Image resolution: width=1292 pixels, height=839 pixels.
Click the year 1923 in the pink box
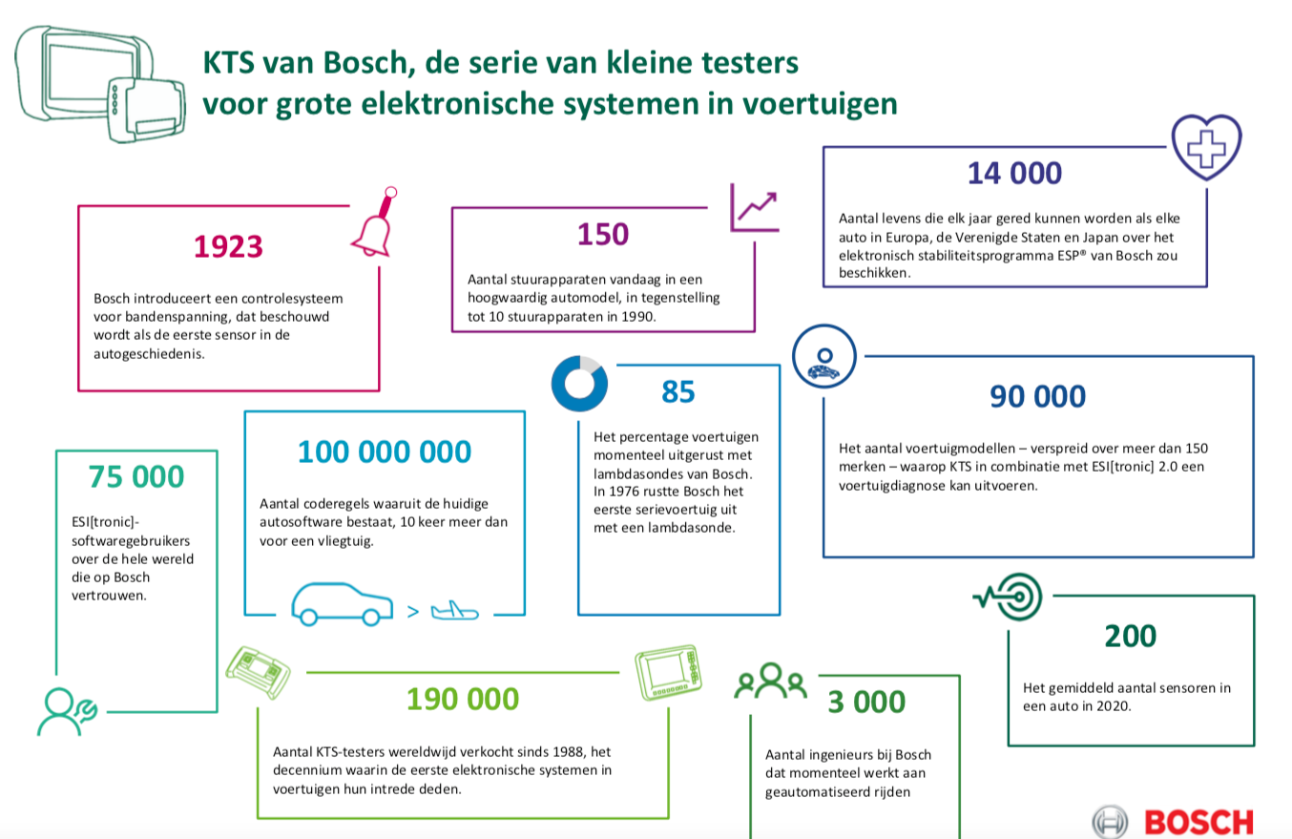click(x=228, y=247)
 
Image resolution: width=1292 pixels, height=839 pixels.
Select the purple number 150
click(x=603, y=234)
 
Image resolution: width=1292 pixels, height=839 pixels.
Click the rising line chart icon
click(x=754, y=207)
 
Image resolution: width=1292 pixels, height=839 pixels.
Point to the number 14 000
click(x=1014, y=174)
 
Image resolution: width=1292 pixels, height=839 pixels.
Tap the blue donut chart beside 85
click(x=579, y=384)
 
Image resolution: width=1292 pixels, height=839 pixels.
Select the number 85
click(x=678, y=392)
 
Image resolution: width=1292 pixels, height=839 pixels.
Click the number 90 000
click(x=1037, y=396)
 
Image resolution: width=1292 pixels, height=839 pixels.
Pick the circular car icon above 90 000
click(x=822, y=354)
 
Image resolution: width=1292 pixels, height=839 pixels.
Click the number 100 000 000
click(x=385, y=451)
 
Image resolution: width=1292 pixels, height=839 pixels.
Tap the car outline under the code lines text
click(x=342, y=603)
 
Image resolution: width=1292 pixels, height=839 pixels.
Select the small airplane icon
click(x=454, y=611)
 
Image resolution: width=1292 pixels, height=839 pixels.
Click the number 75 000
click(x=136, y=477)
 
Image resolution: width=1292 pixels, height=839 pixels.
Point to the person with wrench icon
click(x=65, y=710)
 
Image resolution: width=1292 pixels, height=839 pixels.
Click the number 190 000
click(x=463, y=700)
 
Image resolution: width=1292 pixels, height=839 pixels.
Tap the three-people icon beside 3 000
click(x=770, y=681)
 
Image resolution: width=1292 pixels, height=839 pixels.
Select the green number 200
click(x=1130, y=636)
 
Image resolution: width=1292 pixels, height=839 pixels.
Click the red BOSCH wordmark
click(x=1198, y=820)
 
